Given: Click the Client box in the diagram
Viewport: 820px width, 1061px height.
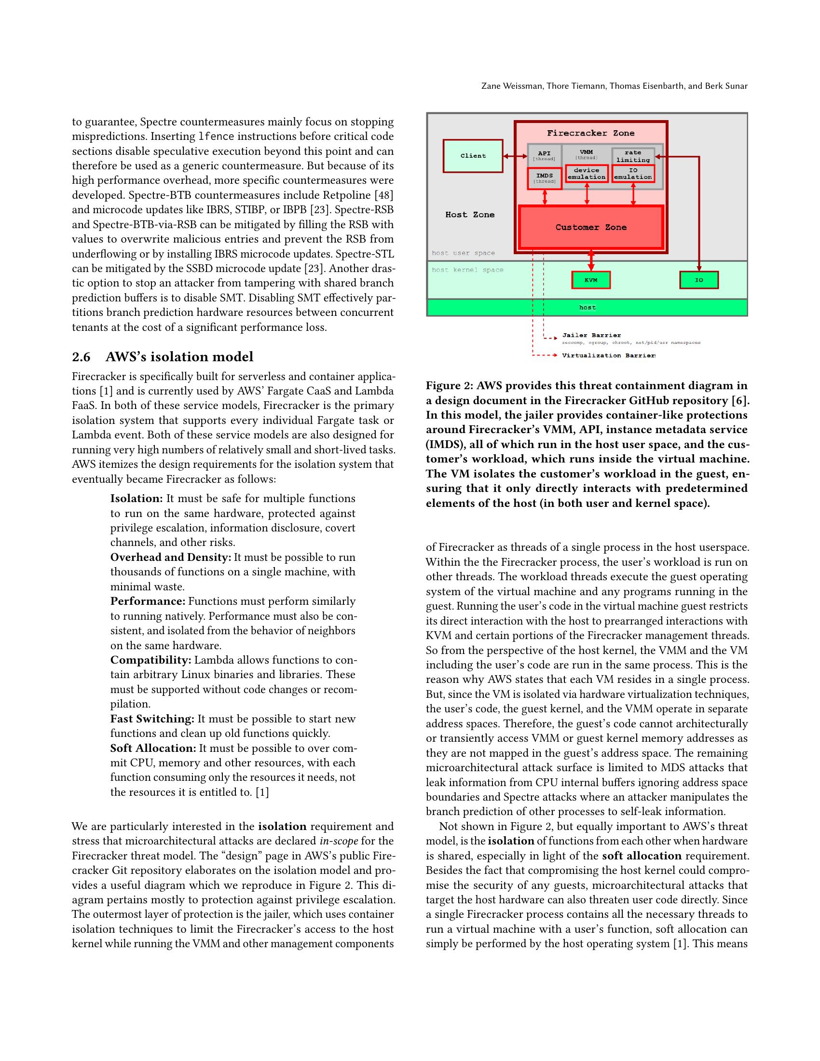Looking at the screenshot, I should point(473,156).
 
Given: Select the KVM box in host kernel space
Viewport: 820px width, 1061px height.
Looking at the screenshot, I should point(591,280).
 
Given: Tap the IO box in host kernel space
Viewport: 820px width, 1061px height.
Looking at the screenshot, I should point(698,280).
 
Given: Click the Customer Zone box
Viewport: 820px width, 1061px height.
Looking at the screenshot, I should point(591,227).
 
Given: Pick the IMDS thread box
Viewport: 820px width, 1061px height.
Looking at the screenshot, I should point(545,178).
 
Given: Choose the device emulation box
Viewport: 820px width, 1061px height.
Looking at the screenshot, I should point(587,174).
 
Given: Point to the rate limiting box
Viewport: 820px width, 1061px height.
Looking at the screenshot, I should point(632,155).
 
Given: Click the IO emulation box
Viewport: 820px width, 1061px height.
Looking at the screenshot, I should point(632,174).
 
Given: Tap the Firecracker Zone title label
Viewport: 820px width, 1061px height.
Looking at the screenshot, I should point(590,133).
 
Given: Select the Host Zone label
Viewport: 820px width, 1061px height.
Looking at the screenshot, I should point(470,215).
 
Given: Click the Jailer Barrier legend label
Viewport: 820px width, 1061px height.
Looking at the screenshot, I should point(591,335).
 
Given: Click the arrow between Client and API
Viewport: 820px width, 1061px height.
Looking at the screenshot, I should point(515,156).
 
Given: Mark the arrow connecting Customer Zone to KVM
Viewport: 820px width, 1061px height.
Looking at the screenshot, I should point(591,261).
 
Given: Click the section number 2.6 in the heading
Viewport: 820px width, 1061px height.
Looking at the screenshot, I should point(81,357).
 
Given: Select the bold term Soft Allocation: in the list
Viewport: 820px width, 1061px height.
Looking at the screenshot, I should point(153,748).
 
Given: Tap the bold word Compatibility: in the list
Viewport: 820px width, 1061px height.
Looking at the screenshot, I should point(151,660).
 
